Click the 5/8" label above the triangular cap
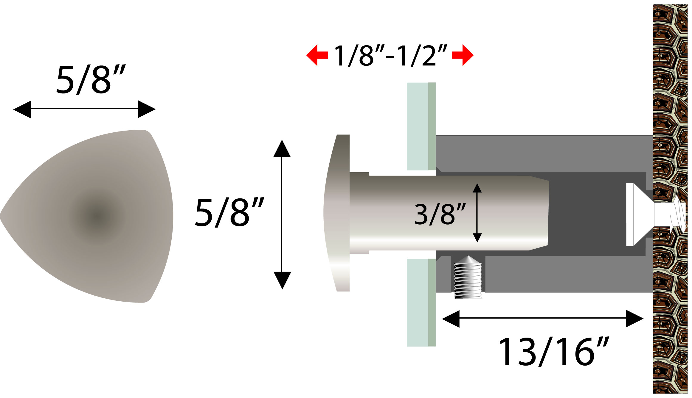(x=91, y=79)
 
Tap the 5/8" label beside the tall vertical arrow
(x=229, y=212)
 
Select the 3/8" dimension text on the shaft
(x=440, y=214)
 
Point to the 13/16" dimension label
(x=554, y=351)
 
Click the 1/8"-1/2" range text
(x=390, y=55)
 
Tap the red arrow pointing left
(x=317, y=55)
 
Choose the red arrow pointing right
(x=463, y=55)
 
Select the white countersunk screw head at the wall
(x=638, y=214)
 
